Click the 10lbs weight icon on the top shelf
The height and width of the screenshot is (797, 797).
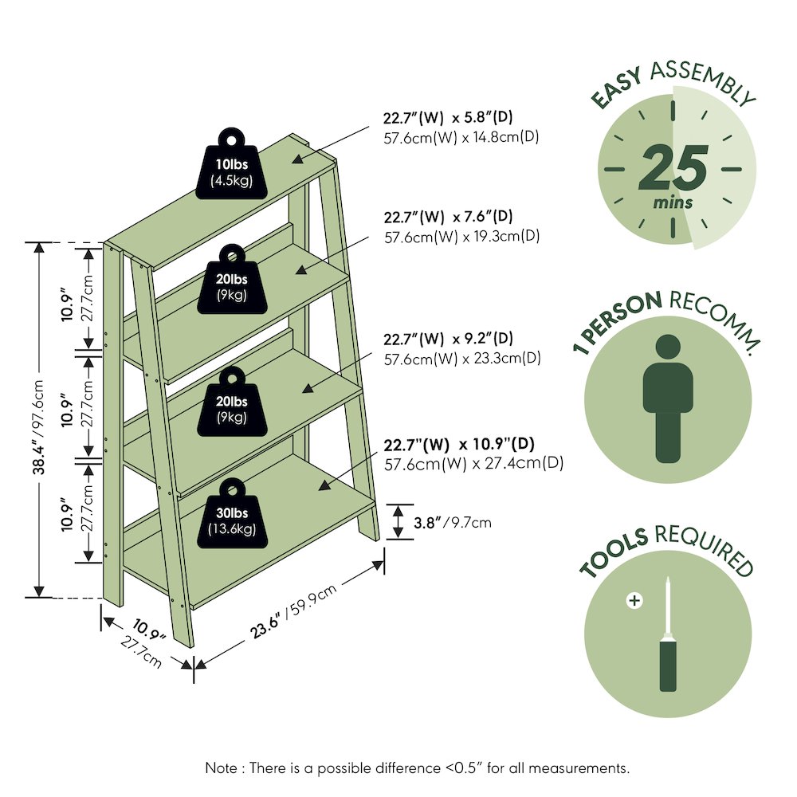pos(232,163)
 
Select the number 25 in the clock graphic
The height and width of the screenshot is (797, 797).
pos(673,167)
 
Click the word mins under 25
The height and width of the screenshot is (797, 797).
pos(673,202)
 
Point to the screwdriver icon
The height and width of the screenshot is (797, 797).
pos(668,634)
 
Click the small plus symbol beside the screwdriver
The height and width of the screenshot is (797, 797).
pos(634,600)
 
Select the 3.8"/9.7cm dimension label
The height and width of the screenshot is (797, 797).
pos(453,523)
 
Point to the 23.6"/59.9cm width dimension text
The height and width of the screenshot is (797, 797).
pos(293,611)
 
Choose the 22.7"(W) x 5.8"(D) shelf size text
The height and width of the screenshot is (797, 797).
pos(448,117)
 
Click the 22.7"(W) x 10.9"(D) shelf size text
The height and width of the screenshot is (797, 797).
pos(459,444)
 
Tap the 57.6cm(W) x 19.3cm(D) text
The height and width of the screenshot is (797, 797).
pos(462,237)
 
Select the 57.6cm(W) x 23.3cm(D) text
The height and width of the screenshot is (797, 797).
pos(462,359)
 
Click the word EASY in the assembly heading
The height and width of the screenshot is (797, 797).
pos(617,88)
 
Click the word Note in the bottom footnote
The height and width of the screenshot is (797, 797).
pos(221,768)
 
